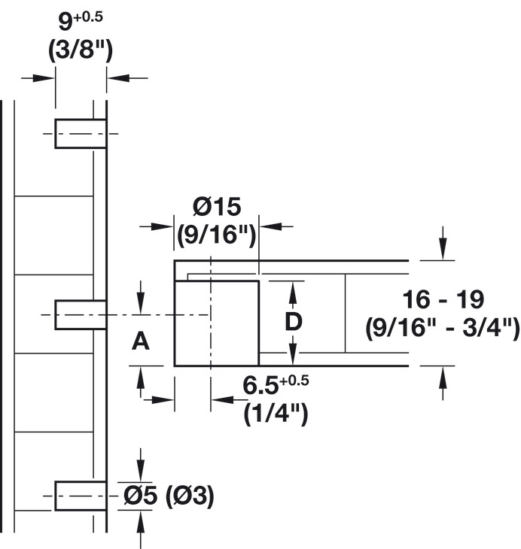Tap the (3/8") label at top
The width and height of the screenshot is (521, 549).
(x=81, y=52)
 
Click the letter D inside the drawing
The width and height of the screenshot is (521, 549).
(x=294, y=321)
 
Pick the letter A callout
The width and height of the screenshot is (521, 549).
(x=141, y=342)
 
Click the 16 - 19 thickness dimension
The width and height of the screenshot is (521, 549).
(x=442, y=299)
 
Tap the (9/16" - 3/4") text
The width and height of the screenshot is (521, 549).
(x=442, y=328)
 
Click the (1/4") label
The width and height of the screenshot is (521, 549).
(x=276, y=414)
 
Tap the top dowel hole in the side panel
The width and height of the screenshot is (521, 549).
(x=80, y=134)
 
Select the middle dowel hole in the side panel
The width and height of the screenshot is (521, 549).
(x=80, y=313)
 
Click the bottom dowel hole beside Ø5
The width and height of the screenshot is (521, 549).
(x=80, y=495)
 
